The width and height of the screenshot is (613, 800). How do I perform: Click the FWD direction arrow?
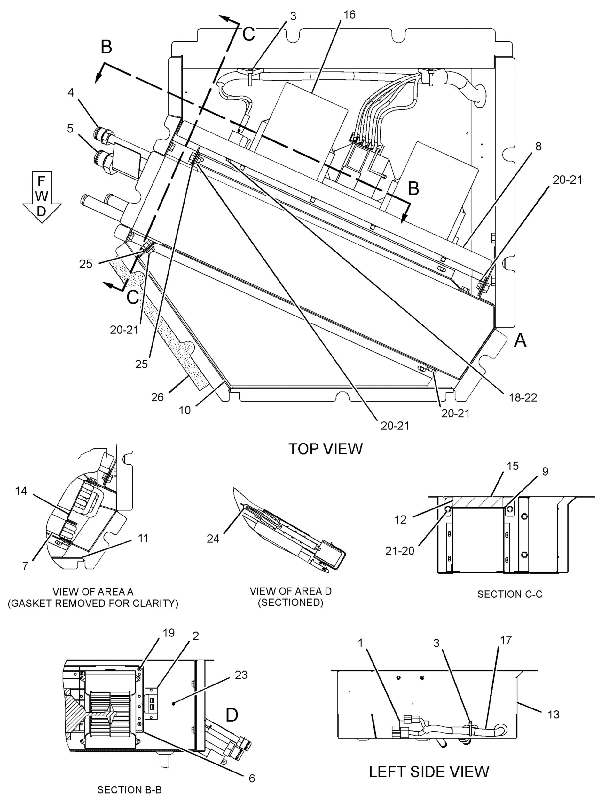(42, 196)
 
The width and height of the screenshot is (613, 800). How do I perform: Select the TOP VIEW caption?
(326, 449)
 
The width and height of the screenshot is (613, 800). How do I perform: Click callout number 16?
(349, 15)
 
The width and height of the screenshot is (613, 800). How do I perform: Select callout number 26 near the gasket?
(157, 397)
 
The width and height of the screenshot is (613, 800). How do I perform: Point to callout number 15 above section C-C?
(513, 466)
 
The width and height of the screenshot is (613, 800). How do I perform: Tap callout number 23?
(241, 675)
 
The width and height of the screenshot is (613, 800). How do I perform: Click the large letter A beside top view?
(520, 341)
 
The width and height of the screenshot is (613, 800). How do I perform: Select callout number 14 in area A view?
(21, 491)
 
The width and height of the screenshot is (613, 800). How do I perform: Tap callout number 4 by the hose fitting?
(70, 93)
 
